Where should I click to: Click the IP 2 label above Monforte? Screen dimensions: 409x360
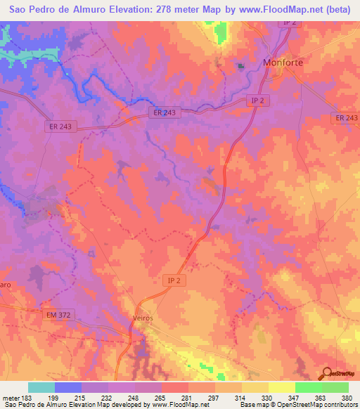point(289,23)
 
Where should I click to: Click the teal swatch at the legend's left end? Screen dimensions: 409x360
point(41,387)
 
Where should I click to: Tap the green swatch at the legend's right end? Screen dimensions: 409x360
point(335,387)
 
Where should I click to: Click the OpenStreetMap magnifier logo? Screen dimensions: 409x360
point(328,374)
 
